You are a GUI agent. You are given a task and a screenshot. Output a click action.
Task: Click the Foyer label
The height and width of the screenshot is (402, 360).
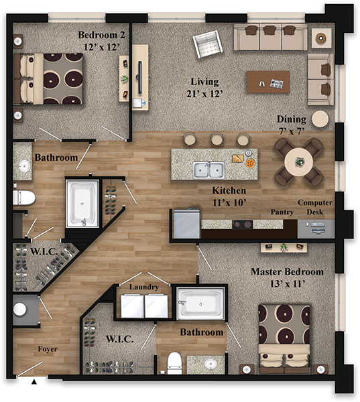[x=48, y=349]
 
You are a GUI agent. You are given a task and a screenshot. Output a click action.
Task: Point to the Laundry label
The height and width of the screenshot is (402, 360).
[x=144, y=287]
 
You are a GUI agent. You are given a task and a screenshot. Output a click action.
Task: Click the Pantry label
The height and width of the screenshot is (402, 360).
[x=282, y=212]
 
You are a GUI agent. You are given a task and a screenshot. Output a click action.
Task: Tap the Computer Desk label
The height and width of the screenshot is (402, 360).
[x=315, y=207]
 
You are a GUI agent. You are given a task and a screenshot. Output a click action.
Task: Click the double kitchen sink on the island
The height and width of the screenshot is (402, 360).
[x=209, y=170]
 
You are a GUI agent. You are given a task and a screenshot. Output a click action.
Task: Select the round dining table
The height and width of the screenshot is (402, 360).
[x=299, y=161]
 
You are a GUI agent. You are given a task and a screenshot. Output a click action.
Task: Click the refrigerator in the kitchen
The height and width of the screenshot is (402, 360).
[x=186, y=224]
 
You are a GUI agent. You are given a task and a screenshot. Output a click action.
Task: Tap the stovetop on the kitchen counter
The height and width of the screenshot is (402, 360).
[x=243, y=224]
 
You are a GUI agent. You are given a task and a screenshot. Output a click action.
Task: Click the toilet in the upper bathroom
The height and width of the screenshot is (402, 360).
[x=24, y=198]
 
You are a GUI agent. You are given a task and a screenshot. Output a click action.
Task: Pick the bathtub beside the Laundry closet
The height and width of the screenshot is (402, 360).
[x=200, y=304]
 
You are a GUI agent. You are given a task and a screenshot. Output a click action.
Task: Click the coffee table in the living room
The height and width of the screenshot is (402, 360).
[x=268, y=82]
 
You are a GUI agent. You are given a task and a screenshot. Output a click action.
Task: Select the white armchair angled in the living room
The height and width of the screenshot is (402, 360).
[x=208, y=44]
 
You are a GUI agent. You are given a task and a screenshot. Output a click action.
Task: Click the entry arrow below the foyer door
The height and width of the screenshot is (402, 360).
[x=34, y=382]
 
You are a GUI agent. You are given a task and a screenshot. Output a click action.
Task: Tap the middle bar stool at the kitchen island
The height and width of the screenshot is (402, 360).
[x=217, y=139]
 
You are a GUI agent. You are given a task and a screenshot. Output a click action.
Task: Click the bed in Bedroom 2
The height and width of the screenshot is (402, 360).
[x=48, y=78]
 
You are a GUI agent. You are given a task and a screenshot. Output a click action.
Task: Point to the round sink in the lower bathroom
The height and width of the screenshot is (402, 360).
[x=211, y=364]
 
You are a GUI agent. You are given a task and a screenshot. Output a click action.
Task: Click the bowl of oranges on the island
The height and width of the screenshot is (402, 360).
[x=250, y=163]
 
